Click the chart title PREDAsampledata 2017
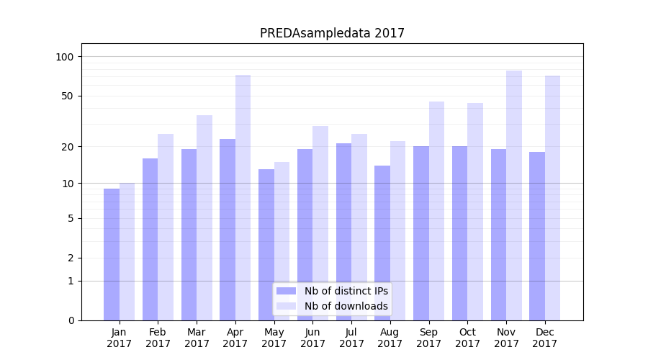[332, 33]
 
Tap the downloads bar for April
[243, 197]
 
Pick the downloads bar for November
[513, 195]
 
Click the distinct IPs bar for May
[266, 245]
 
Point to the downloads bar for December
[552, 198]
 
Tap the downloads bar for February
[166, 227]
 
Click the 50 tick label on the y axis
[68, 96]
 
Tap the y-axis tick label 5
[71, 218]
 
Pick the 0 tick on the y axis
[71, 320]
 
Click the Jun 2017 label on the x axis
[312, 338]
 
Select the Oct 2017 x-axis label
[467, 338]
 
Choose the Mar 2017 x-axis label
[197, 338]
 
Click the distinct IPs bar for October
[459, 233]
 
